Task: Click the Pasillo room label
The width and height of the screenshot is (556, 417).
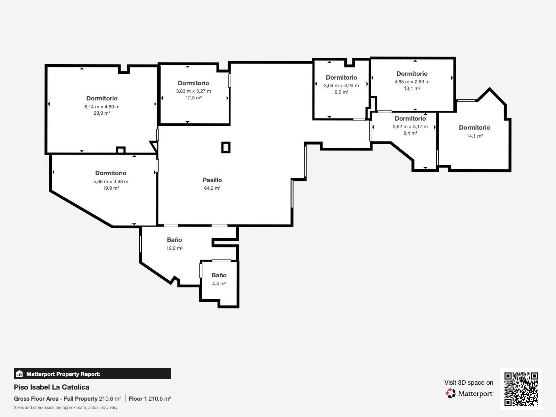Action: pos(212,180)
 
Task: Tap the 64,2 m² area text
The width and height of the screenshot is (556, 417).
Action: pos(212,188)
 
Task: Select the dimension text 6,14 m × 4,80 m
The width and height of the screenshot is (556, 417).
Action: pos(102,107)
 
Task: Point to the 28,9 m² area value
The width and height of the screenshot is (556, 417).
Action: pos(102,113)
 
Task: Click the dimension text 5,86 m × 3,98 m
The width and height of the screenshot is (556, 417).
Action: pos(111,181)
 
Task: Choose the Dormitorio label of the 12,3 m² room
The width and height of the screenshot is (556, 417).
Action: pos(194,83)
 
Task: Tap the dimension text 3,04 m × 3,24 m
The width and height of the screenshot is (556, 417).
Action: pos(342,85)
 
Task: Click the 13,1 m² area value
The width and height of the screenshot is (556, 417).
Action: pos(412,88)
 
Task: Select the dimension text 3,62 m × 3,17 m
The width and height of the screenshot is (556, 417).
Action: pos(410,126)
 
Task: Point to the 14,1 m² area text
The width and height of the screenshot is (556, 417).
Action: pos(475,136)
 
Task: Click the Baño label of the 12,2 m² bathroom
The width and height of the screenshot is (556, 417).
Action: pos(174,240)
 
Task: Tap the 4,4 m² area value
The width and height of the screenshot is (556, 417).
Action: pos(219,284)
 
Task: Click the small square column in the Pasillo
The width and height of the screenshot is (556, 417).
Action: pos(226,147)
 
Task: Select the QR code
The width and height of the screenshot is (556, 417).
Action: pos(521,389)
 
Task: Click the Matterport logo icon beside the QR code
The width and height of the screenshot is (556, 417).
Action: pos(451,393)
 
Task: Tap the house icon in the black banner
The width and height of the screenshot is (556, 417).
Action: pos(19,374)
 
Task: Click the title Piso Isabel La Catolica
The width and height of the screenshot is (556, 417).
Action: pos(52,387)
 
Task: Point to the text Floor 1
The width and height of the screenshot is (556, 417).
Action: pos(138,399)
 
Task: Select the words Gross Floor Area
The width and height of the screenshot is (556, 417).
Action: pos(36,399)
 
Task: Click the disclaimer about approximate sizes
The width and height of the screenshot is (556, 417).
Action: pos(66,408)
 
